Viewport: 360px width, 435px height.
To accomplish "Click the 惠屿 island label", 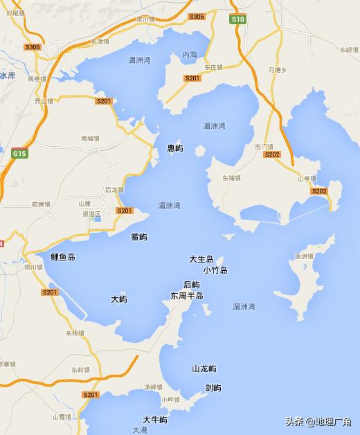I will pyautogui.click(x=175, y=148).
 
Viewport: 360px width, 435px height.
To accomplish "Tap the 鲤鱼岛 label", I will pyautogui.click(x=63, y=257).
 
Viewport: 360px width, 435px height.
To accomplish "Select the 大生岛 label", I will pyautogui.click(x=201, y=259).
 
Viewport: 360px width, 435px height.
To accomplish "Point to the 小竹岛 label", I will pyautogui.click(x=215, y=270).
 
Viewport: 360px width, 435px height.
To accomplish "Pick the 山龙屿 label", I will pyautogui.click(x=204, y=369).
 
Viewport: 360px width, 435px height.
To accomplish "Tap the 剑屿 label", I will pyautogui.click(x=213, y=387).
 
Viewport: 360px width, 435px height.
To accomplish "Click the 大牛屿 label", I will pyautogui.click(x=155, y=420).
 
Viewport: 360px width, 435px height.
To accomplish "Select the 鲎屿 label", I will pyautogui.click(x=138, y=237).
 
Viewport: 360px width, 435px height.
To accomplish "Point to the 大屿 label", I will pyautogui.click(x=118, y=300).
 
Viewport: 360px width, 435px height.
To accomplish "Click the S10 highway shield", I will pyautogui.click(x=239, y=20).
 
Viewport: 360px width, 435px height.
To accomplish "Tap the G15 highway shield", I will pyautogui.click(x=19, y=152).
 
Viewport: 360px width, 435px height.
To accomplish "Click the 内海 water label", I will pyautogui.click(x=190, y=55).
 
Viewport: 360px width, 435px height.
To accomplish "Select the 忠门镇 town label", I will pyautogui.click(x=263, y=147).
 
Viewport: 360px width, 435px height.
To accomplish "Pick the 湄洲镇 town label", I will pyautogui.click(x=304, y=256).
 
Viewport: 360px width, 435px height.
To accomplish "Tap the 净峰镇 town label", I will pyautogui.click(x=152, y=387).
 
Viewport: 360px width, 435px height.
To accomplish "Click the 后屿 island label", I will pyautogui.click(x=192, y=285).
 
